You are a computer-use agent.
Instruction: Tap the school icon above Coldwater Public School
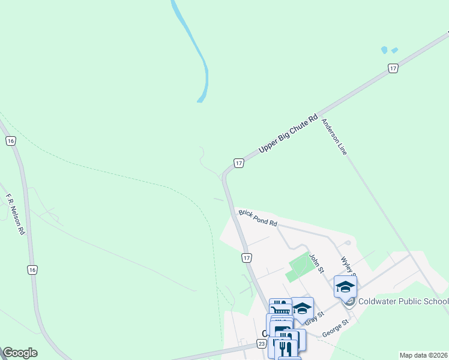[x=345, y=286]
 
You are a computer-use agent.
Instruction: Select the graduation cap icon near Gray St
[x=302, y=308]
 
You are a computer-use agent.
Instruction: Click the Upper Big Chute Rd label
[x=288, y=133]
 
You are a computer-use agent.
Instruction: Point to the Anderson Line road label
[x=334, y=137]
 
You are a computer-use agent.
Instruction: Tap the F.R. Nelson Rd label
[x=16, y=213]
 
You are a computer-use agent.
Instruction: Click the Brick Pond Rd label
[x=258, y=218]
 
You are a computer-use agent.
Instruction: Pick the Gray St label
[x=315, y=318]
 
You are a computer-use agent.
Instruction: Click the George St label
[x=336, y=327]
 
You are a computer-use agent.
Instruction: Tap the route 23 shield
[x=261, y=344]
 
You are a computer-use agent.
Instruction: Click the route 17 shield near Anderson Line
[x=393, y=69]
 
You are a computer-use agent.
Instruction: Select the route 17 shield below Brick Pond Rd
[x=246, y=258]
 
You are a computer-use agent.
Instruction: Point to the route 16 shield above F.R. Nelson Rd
[x=10, y=141]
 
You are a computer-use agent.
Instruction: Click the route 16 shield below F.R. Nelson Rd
[x=32, y=270]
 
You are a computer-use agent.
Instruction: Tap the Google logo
[x=19, y=353]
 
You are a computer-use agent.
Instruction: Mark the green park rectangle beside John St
[x=298, y=267]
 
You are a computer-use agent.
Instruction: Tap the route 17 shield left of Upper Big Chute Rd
[x=238, y=163]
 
